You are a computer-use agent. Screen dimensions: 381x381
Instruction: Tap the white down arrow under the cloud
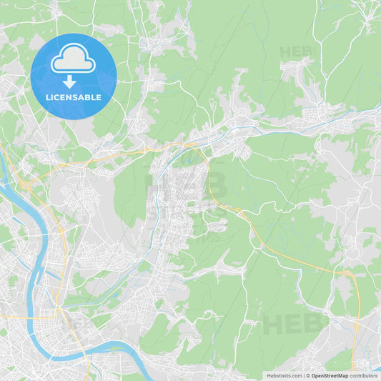[x=69, y=82]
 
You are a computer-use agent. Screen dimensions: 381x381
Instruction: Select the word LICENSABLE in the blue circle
[x=74, y=97]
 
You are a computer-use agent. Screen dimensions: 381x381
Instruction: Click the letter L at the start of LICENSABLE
[x=48, y=97]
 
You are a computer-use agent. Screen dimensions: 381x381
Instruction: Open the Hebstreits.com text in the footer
[x=284, y=375]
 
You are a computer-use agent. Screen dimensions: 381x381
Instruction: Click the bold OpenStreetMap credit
[x=330, y=375]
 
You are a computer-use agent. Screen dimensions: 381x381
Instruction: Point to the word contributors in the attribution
[x=363, y=375]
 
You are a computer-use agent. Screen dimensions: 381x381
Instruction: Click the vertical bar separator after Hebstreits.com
[x=303, y=375]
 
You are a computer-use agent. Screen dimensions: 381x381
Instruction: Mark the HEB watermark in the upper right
[x=296, y=52]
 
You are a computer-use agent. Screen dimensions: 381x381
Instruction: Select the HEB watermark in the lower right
[x=293, y=324]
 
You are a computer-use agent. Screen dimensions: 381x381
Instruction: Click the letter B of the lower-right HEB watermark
[x=315, y=324]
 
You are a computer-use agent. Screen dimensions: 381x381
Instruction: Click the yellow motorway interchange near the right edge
[x=348, y=273]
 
